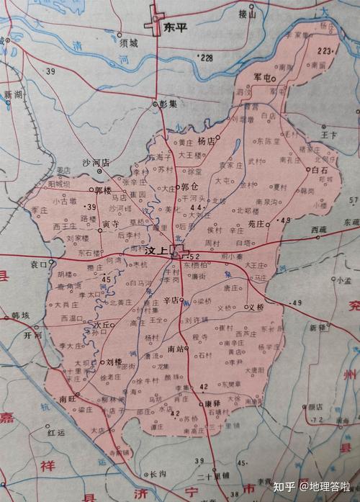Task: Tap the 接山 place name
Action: (247, 13)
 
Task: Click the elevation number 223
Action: (327, 51)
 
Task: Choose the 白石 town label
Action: (320, 169)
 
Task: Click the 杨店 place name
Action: (206, 143)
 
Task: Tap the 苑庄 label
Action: (255, 224)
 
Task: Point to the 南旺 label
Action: (68, 397)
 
